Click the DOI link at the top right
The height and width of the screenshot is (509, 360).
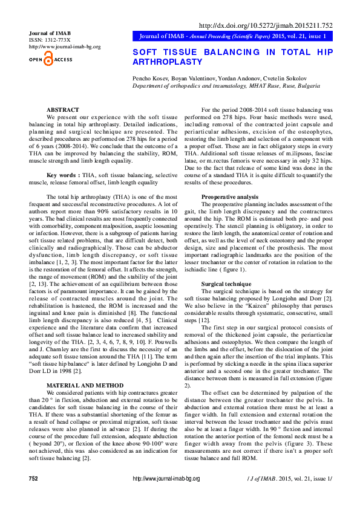(x=266, y=25)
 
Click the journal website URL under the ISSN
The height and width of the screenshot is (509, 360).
(x=65, y=47)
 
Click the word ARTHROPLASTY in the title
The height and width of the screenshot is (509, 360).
(x=168, y=62)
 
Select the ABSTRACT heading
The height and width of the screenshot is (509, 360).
(x=63, y=109)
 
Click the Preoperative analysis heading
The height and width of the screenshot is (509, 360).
(x=230, y=197)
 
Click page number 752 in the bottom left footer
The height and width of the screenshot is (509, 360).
(x=34, y=495)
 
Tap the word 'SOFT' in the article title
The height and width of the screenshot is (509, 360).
(x=145, y=53)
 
